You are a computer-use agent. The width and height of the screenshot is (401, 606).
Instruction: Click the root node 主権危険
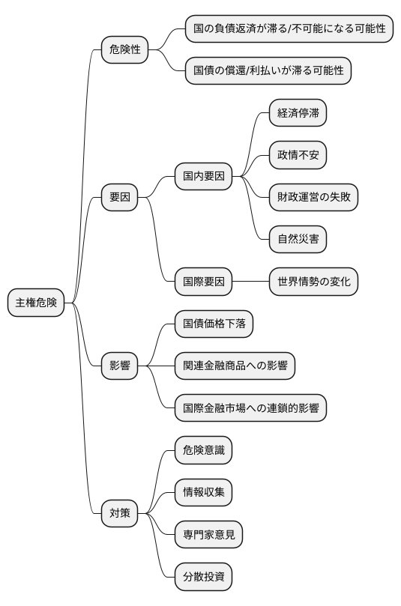pos(36,303)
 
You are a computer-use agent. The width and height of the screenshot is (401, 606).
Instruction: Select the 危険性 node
pos(125,50)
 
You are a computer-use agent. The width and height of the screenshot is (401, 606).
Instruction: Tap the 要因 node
pos(120,198)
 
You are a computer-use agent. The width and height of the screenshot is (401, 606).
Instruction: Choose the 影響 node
pos(120,366)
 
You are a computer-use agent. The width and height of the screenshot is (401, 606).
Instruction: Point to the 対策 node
pos(120,513)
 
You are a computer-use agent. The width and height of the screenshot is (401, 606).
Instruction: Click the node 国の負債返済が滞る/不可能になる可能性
pos(289,28)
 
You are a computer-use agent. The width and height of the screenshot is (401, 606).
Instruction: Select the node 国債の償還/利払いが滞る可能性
pos(268,71)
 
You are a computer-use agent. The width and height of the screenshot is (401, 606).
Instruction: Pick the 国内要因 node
pos(203,177)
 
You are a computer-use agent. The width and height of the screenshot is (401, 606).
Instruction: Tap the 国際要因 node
pos(203,282)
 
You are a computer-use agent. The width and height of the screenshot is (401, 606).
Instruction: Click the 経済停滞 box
pos(298,114)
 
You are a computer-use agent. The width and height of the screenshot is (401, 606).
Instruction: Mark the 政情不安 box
pos(298,156)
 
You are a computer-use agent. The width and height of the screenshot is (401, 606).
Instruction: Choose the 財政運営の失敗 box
pos(313,198)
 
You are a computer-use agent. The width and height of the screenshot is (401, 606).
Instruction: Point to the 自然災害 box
pos(298,240)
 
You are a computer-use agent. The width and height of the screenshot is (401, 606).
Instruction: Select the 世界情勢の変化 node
pos(313,282)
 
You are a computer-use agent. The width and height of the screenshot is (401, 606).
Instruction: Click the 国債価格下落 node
pos(214,324)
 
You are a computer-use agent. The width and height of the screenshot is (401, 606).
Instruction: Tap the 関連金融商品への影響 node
pos(235,366)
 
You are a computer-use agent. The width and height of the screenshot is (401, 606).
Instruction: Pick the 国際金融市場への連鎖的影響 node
pos(250,408)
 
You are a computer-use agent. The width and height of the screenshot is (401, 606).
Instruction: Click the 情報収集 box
pos(203,492)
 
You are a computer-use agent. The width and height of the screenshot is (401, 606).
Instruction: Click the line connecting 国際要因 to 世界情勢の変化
pos(250,282)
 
